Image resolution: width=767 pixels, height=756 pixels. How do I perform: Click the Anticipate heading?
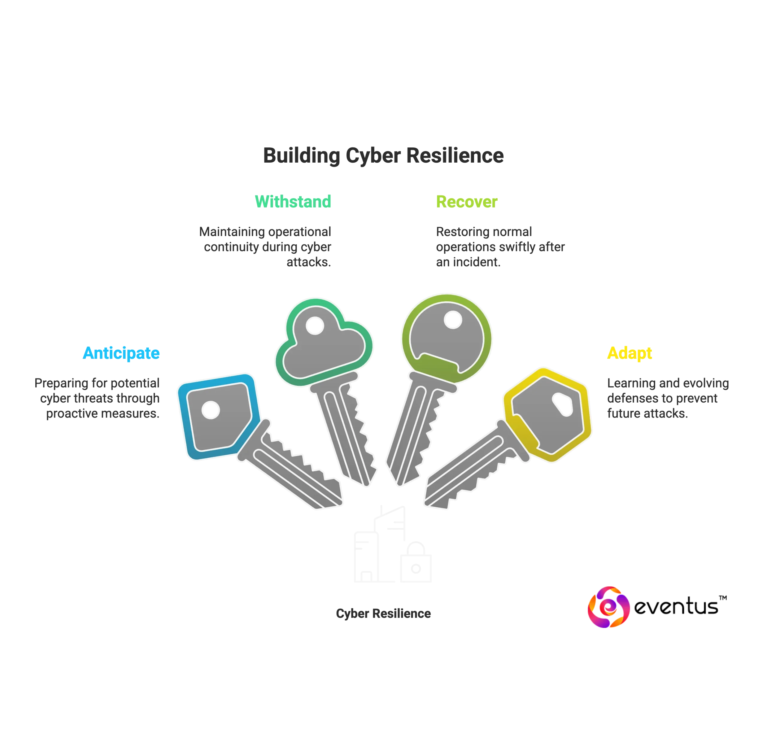point(121,353)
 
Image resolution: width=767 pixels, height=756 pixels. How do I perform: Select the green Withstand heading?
point(293,201)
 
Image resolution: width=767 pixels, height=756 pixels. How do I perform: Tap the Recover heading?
point(466,202)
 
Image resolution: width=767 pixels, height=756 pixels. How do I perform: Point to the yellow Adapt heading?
point(630,353)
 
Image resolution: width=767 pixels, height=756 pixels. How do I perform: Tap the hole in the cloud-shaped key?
point(315,326)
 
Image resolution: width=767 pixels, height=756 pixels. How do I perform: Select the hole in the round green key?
point(453,320)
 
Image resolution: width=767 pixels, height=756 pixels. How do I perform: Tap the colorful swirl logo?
point(608,607)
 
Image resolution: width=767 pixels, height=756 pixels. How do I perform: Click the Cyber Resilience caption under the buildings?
point(383,613)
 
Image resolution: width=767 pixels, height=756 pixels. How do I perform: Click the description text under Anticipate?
point(98,398)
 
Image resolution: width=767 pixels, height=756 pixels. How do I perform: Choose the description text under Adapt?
point(667,398)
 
